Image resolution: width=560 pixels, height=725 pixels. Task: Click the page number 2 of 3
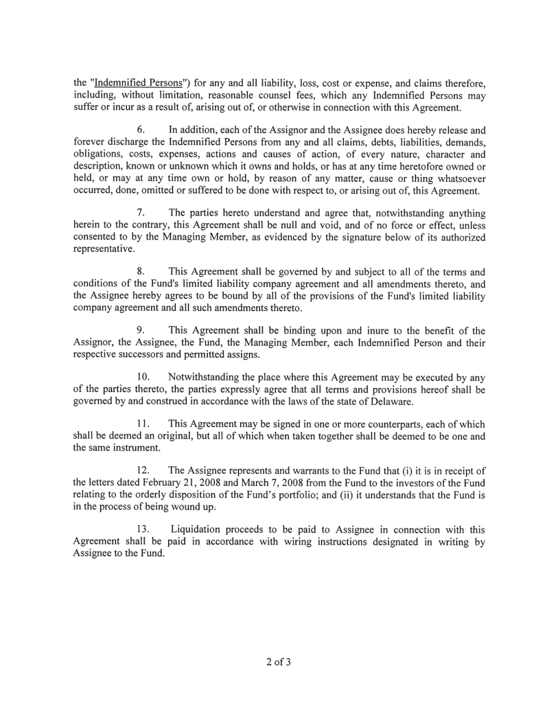(x=279, y=663)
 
